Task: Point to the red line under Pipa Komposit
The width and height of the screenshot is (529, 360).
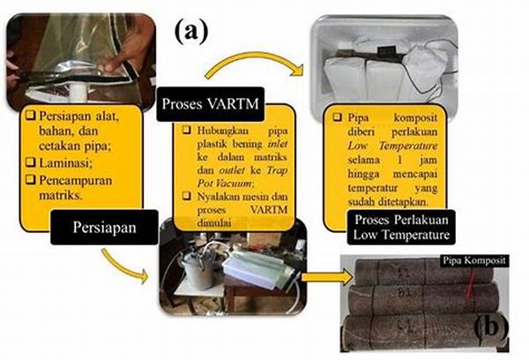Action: (x=458, y=281)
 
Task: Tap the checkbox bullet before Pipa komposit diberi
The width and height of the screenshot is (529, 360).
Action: (x=336, y=115)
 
